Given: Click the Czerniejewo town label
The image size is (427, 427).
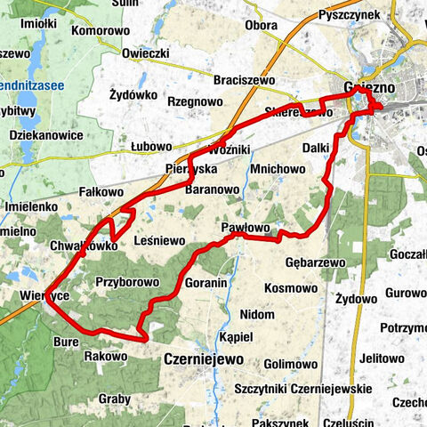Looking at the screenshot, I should pos(204,359).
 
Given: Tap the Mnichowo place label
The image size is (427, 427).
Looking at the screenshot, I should pos(278,167).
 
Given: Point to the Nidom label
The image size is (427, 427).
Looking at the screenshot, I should pos(257,315).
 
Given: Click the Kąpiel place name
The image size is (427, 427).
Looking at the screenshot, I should pos(236,337).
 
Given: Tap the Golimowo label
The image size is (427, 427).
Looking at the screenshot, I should pos(290,364).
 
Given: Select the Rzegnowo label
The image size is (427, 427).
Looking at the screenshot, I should pos(195,101).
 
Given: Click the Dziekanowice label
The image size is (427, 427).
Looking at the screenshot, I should pos(44,135).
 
